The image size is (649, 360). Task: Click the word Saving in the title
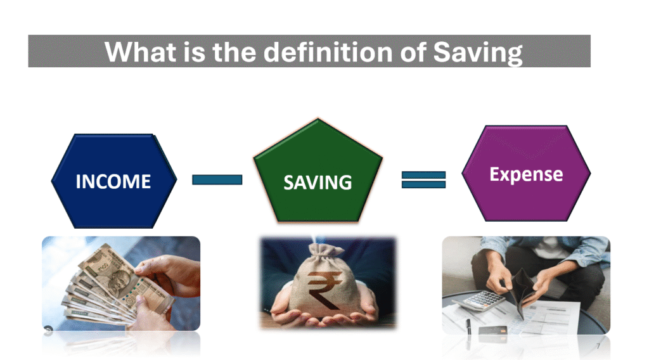(x=478, y=53)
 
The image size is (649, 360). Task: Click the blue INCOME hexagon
(x=114, y=181)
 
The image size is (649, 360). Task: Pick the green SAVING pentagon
(x=318, y=174)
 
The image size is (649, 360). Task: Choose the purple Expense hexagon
(x=526, y=174)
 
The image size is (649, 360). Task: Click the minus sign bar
(x=217, y=179)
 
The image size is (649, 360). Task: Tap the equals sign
(x=423, y=179)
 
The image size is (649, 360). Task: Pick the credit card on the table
(x=493, y=330)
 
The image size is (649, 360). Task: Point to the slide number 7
(x=598, y=346)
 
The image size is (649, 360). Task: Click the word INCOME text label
(x=113, y=182)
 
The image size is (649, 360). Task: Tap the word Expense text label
(x=526, y=174)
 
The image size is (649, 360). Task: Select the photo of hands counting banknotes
(x=121, y=283)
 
